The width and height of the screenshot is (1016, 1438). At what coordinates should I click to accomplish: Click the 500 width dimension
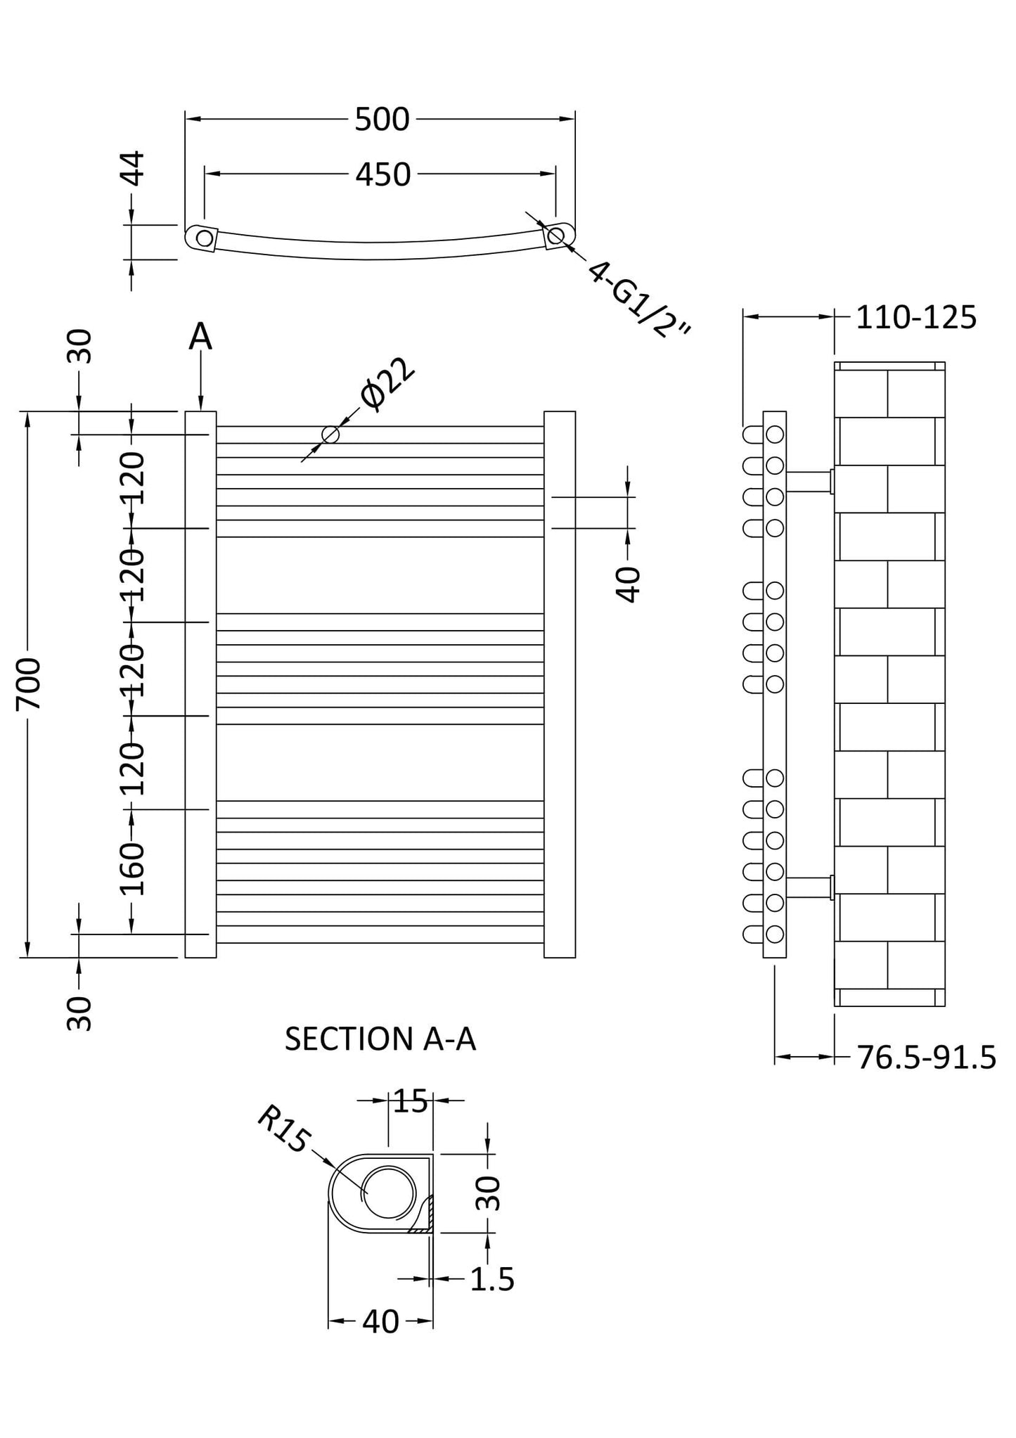382,120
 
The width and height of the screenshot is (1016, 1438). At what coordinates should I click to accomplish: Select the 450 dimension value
382,174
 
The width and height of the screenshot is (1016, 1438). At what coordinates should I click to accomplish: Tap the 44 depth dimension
134,168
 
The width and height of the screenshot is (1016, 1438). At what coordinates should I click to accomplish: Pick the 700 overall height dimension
30,684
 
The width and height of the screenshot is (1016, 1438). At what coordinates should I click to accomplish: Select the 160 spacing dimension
131,869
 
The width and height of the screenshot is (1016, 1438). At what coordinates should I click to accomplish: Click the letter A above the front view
200,337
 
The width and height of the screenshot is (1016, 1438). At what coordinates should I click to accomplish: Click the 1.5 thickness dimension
492,1280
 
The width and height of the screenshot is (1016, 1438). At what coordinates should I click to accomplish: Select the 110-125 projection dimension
916,318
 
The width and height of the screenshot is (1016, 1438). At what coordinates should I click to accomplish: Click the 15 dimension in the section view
411,1102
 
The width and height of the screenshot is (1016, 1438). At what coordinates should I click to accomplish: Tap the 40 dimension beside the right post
629,584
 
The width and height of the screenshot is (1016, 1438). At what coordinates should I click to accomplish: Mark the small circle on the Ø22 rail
330,435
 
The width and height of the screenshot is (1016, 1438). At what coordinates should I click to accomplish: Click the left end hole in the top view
204,238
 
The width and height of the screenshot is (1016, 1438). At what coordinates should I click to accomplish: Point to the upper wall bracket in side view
810,482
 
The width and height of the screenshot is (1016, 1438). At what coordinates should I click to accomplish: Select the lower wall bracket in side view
810,887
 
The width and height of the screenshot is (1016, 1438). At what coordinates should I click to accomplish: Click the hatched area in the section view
425,1214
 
